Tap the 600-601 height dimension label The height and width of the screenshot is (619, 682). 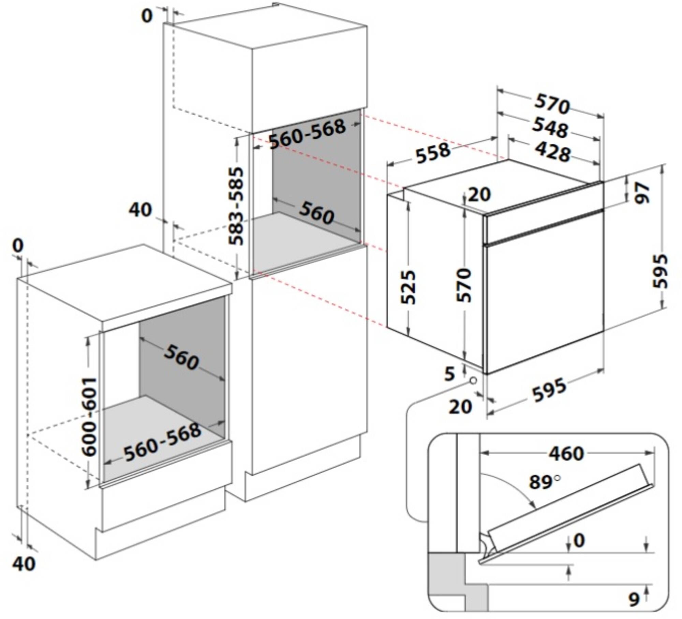tap(90, 417)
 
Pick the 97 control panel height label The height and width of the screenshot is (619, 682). tap(642, 193)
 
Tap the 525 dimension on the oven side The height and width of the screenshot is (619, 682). tap(408, 288)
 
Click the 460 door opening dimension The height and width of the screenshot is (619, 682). tap(566, 454)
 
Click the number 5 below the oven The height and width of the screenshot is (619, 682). tap(450, 374)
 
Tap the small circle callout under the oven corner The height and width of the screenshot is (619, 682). tap(473, 380)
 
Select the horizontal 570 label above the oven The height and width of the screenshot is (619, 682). tap(552, 104)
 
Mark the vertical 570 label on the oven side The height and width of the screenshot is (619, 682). tap(464, 285)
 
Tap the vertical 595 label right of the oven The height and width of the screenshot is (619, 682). tap(660, 271)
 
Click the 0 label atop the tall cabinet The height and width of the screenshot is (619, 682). tap(147, 16)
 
